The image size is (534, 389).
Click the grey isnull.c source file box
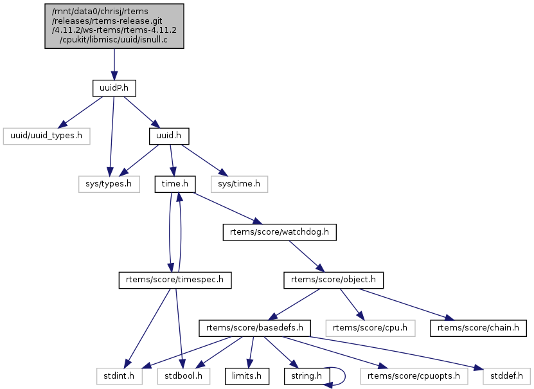coord(114,26)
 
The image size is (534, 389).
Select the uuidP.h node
coord(114,87)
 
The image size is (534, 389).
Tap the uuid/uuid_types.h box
coord(46,136)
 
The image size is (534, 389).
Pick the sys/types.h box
coord(109,184)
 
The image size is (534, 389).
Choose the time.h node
coord(175,184)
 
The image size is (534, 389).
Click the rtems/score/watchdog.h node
coord(280,232)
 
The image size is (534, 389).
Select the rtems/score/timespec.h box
coord(175,280)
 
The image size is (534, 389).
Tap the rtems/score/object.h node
coord(334,280)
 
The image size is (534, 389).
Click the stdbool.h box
coord(181,374)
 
